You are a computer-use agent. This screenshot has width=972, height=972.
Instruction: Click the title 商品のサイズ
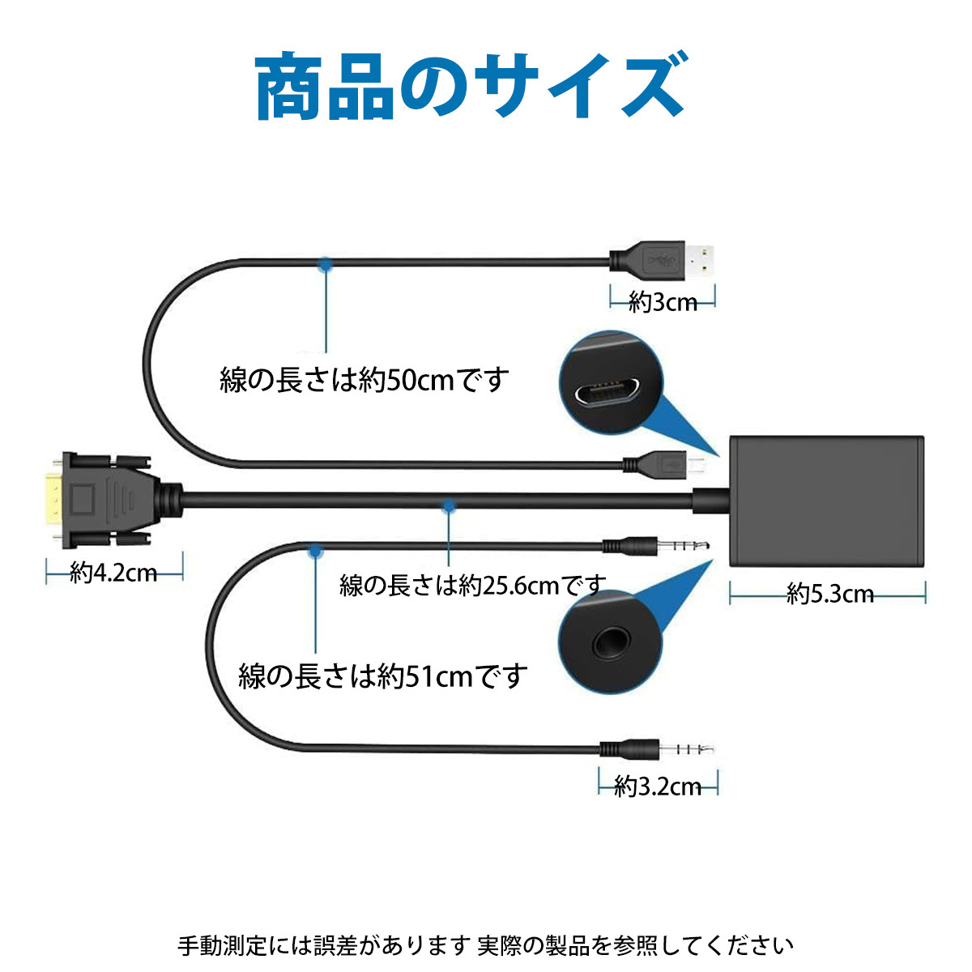coord(471,86)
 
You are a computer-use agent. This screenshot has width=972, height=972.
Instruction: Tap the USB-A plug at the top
coord(661,260)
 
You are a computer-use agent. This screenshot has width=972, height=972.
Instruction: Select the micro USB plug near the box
coord(664,462)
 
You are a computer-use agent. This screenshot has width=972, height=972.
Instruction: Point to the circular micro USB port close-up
coord(611,382)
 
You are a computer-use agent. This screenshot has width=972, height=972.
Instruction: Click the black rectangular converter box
coord(826,501)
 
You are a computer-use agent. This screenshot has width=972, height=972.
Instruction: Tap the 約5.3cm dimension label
coord(829,595)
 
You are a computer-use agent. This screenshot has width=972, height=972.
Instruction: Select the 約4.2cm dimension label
coord(113,573)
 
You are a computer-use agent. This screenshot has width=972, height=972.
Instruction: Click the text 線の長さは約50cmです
coord(364,380)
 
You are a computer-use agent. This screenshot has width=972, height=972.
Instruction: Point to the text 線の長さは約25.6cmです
coord(472,586)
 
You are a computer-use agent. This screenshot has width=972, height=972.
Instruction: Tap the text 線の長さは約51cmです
coord(382,676)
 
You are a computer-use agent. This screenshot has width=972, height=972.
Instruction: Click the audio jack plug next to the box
coord(656,546)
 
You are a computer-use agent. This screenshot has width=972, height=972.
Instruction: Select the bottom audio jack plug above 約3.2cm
coord(656,748)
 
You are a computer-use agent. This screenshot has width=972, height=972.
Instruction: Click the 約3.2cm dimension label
coord(658,787)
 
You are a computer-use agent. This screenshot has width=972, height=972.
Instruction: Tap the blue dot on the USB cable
coord(326,264)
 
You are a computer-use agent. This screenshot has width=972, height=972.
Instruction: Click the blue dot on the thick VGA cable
coord(449,505)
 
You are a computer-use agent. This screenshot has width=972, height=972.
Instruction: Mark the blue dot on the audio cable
coord(315,551)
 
